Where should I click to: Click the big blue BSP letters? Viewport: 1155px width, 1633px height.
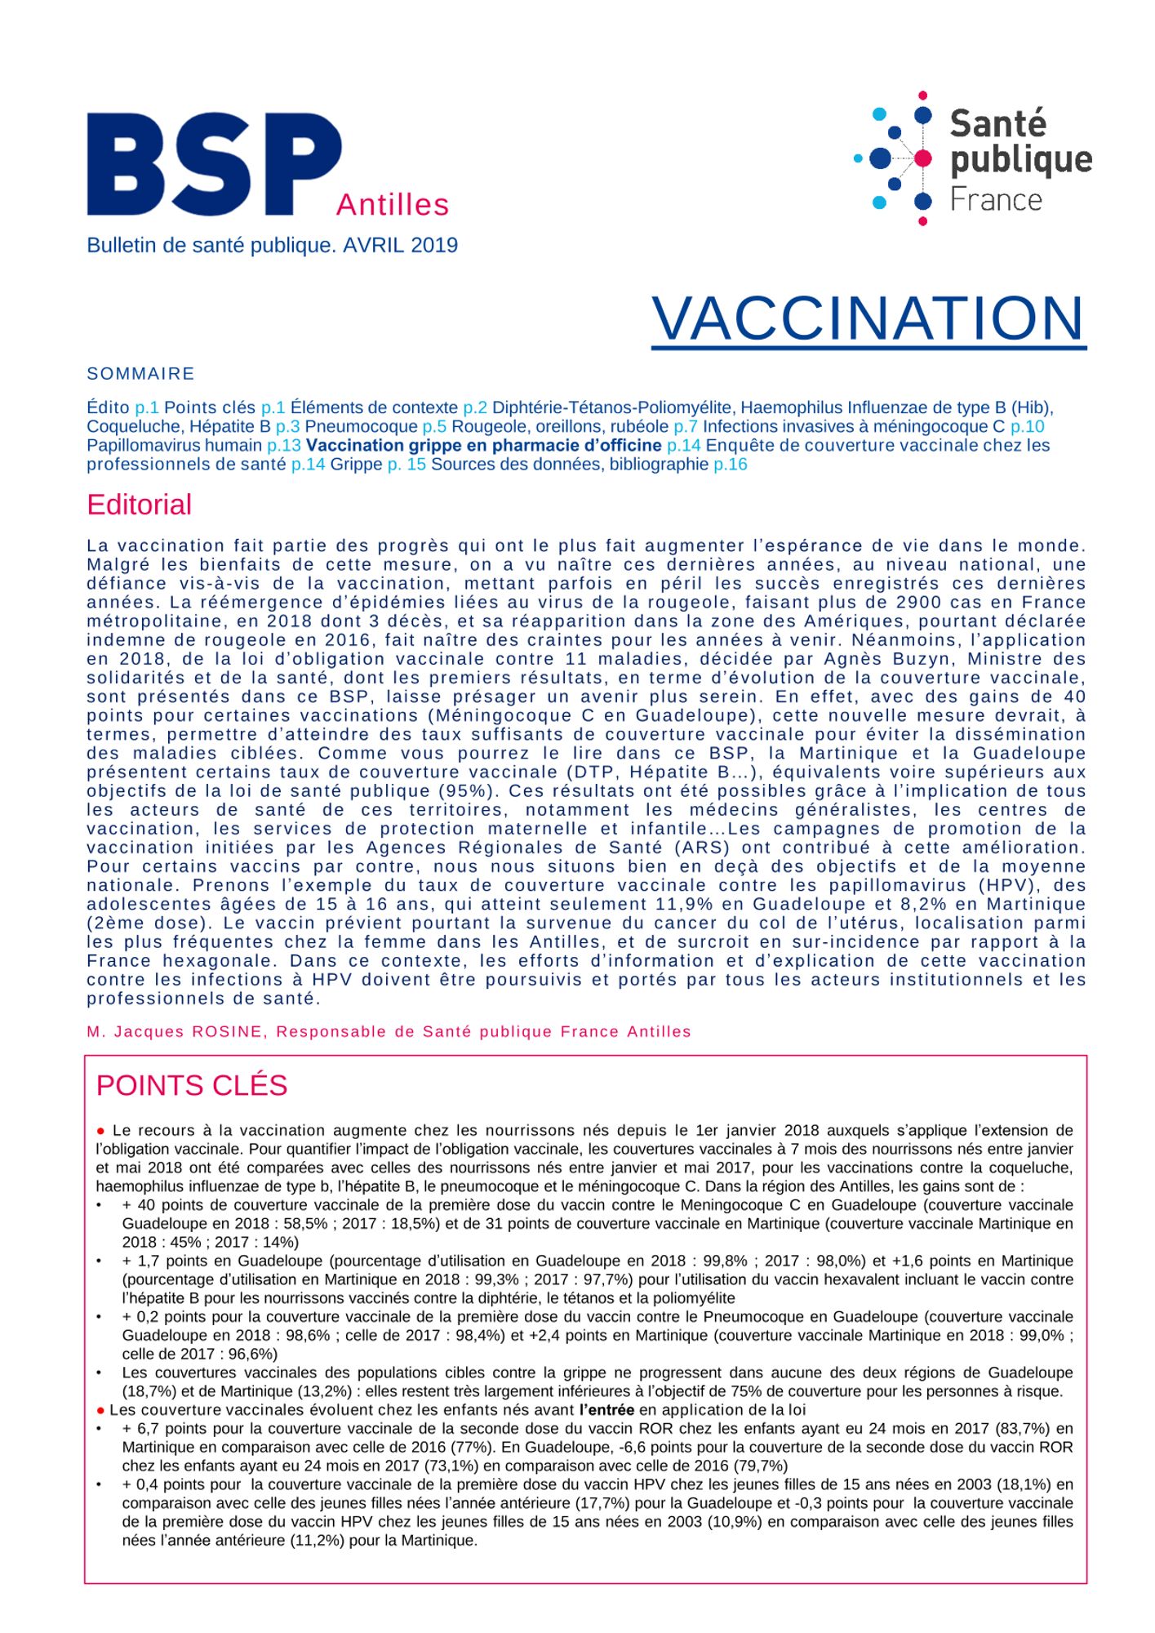pos(214,165)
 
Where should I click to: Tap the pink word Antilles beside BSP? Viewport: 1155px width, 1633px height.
pos(392,204)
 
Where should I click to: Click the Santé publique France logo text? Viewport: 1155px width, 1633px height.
pos(1020,161)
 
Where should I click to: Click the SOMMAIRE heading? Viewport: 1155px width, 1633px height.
pos(140,374)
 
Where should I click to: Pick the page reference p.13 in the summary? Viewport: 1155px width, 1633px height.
pos(283,446)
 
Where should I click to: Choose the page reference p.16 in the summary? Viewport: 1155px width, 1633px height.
pos(730,465)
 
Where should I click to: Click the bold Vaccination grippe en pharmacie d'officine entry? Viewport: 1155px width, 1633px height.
pos(483,446)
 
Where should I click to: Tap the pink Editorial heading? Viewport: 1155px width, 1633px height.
pos(139,505)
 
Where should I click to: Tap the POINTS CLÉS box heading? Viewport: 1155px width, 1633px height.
pos(192,1086)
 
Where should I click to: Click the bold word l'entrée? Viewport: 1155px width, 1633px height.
pos(606,1410)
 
